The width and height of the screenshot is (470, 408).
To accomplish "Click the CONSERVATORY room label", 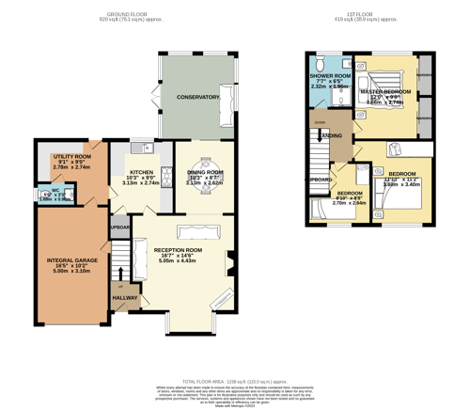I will [198, 97].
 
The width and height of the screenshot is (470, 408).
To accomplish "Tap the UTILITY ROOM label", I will [72, 156].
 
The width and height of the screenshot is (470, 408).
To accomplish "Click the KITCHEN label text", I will [142, 173].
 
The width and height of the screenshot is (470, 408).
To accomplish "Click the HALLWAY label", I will [125, 297].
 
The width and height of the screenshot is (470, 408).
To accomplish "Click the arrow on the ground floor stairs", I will [120, 273].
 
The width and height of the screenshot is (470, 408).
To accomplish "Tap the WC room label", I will [56, 189].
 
